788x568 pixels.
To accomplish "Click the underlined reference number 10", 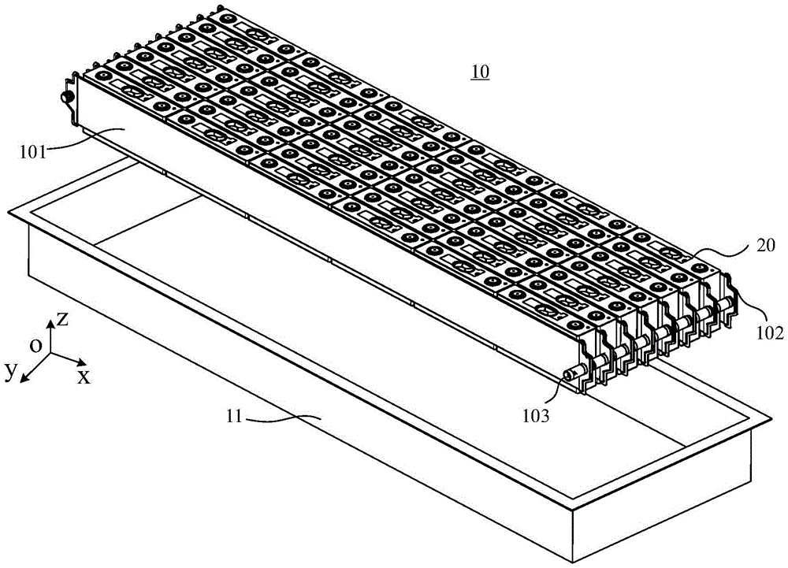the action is (x=480, y=72).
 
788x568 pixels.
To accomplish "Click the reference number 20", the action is (x=766, y=246).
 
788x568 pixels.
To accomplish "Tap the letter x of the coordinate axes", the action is (x=83, y=377).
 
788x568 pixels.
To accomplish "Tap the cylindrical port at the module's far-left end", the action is (x=65, y=97).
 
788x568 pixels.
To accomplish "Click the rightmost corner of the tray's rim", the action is (x=771, y=418).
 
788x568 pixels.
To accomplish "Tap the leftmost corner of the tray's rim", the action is (x=8, y=211).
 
